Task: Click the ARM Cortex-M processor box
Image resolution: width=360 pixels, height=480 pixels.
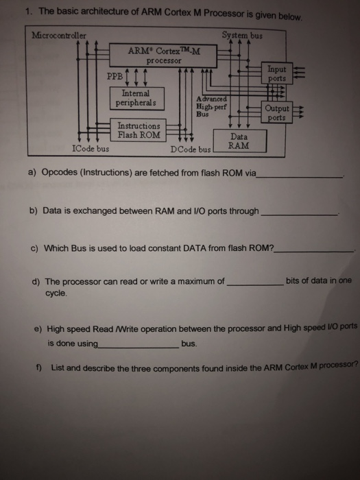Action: pyautogui.click(x=163, y=56)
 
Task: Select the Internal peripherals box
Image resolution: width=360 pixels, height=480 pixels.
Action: pyautogui.click(x=137, y=98)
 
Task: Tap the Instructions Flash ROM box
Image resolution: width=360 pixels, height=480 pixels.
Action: pyautogui.click(x=138, y=130)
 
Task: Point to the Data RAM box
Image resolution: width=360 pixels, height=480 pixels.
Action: pyautogui.click(x=240, y=141)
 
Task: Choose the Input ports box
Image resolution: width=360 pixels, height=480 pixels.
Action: pyautogui.click(x=277, y=73)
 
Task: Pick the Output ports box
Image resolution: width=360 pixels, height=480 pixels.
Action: pyautogui.click(x=277, y=112)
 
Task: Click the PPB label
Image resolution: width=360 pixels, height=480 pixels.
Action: pyautogui.click(x=115, y=76)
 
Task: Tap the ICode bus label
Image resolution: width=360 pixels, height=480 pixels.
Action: pyautogui.click(x=91, y=149)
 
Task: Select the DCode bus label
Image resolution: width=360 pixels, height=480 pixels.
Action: pyautogui.click(x=191, y=149)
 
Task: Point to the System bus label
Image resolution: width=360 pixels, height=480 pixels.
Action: pyautogui.click(x=242, y=36)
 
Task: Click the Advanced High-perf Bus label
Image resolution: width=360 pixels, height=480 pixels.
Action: pyautogui.click(x=211, y=106)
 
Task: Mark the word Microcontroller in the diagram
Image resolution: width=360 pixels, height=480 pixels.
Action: pyautogui.click(x=59, y=36)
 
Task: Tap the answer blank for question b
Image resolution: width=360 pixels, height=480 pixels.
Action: pyautogui.click(x=299, y=215)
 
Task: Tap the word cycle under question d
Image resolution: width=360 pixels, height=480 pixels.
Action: pyautogui.click(x=56, y=293)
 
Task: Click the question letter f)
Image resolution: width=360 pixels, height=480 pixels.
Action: pyautogui.click(x=38, y=368)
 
